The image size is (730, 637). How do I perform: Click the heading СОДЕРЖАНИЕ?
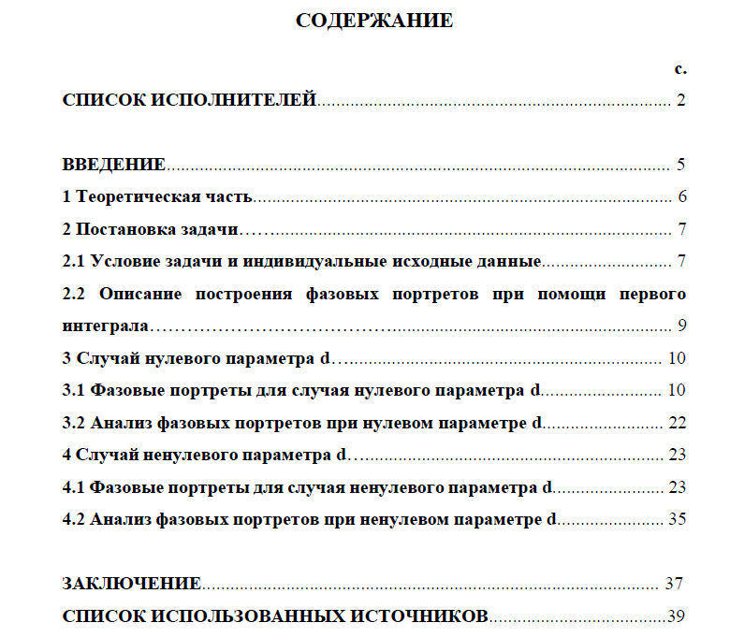[x=373, y=21]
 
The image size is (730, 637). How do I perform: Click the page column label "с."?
[x=680, y=68]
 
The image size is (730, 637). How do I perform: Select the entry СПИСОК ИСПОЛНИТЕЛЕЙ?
[x=190, y=100]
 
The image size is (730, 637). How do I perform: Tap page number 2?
[x=681, y=100]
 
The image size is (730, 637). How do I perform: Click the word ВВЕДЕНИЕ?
[x=114, y=165]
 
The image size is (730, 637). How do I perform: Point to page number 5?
[x=681, y=165]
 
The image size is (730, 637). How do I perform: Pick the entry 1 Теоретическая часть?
[x=158, y=196]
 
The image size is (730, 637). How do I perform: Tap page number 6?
[x=682, y=196]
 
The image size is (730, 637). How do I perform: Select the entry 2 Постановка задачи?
[x=151, y=228]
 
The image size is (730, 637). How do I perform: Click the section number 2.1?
[x=74, y=260]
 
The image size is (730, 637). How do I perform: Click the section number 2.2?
[x=74, y=294]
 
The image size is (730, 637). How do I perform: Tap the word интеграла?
[x=105, y=326]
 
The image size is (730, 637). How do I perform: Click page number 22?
[x=678, y=422]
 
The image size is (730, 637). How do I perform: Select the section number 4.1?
[x=74, y=486]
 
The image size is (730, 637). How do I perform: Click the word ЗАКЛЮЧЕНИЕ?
[x=132, y=583]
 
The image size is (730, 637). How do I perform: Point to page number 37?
[x=674, y=583]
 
